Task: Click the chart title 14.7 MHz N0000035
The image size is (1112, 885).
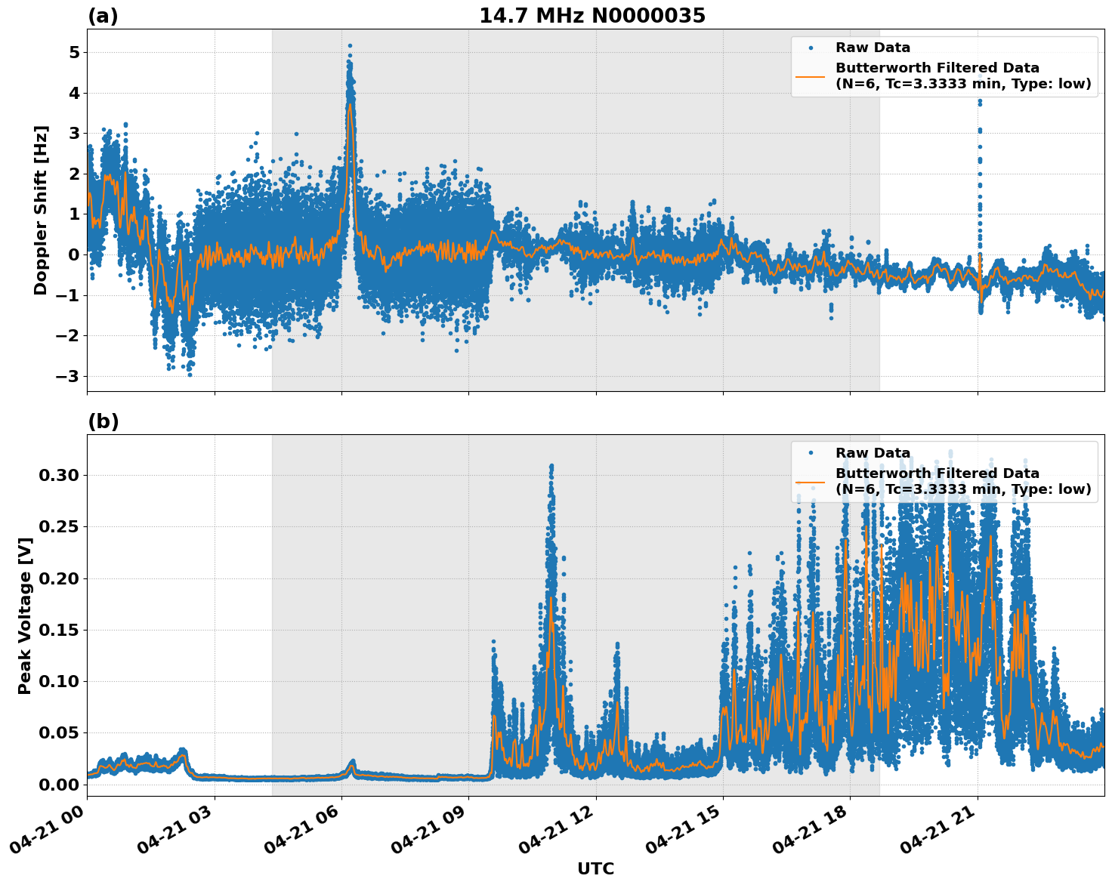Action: [x=592, y=16]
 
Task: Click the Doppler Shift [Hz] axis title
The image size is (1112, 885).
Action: [x=41, y=210]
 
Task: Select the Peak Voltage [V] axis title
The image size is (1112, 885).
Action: [x=25, y=615]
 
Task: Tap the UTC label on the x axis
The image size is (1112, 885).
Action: [x=595, y=869]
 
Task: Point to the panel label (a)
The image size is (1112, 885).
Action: [x=103, y=16]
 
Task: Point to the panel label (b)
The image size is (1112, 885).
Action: [x=103, y=421]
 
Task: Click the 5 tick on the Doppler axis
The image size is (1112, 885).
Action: [x=74, y=53]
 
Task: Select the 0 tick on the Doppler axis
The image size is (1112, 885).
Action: [x=74, y=254]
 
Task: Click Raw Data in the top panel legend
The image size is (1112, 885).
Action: [x=873, y=48]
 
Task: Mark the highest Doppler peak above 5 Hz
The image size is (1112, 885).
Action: [x=350, y=45]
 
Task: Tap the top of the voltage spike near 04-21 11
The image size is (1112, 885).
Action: [x=551, y=465]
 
